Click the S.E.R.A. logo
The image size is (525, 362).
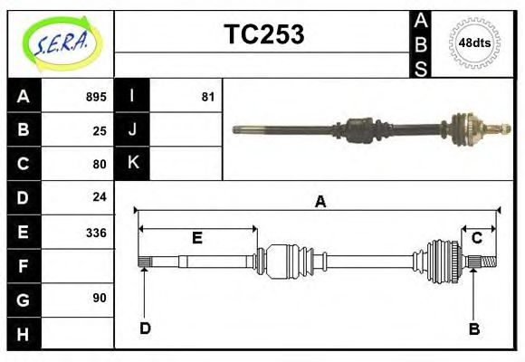point(61,43)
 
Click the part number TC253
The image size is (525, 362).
point(263,34)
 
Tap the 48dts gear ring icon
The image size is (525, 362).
point(475,43)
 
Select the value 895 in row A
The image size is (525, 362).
point(95,97)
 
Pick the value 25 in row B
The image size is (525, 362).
point(100,130)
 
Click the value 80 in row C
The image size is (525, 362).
point(100,164)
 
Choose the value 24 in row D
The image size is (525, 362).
point(100,196)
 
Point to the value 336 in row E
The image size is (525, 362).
point(95,233)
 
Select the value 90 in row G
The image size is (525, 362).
point(100,298)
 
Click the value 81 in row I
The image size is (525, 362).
point(207,97)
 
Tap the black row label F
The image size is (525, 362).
point(24,266)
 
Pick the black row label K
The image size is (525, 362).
point(133,163)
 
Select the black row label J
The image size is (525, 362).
point(133,129)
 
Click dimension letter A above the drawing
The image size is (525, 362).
point(320,202)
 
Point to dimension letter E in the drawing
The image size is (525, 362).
point(196,238)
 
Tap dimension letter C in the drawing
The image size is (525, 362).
point(476,238)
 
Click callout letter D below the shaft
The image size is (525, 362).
point(145,328)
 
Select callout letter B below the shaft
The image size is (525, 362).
point(473,329)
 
